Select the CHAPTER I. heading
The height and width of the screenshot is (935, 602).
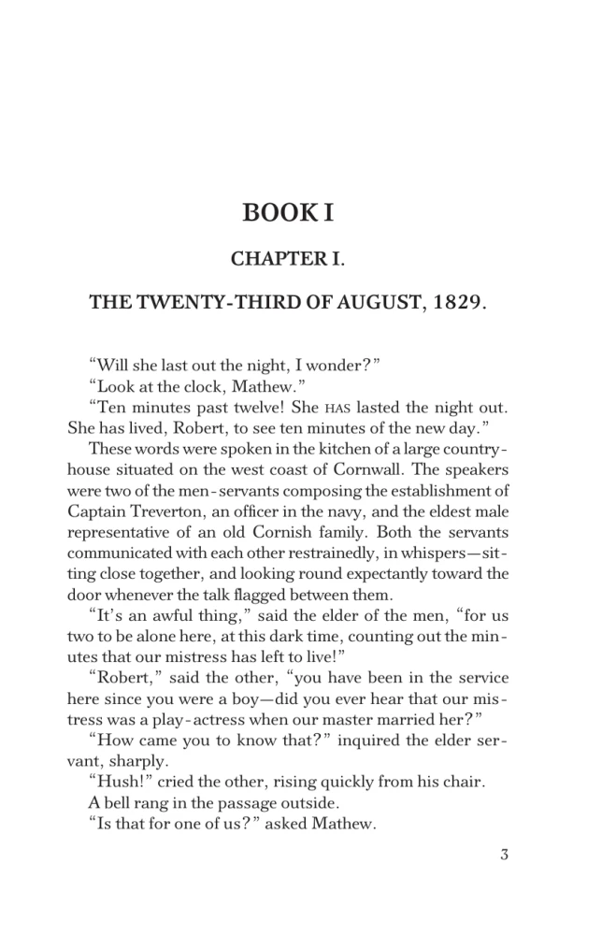point(288,257)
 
